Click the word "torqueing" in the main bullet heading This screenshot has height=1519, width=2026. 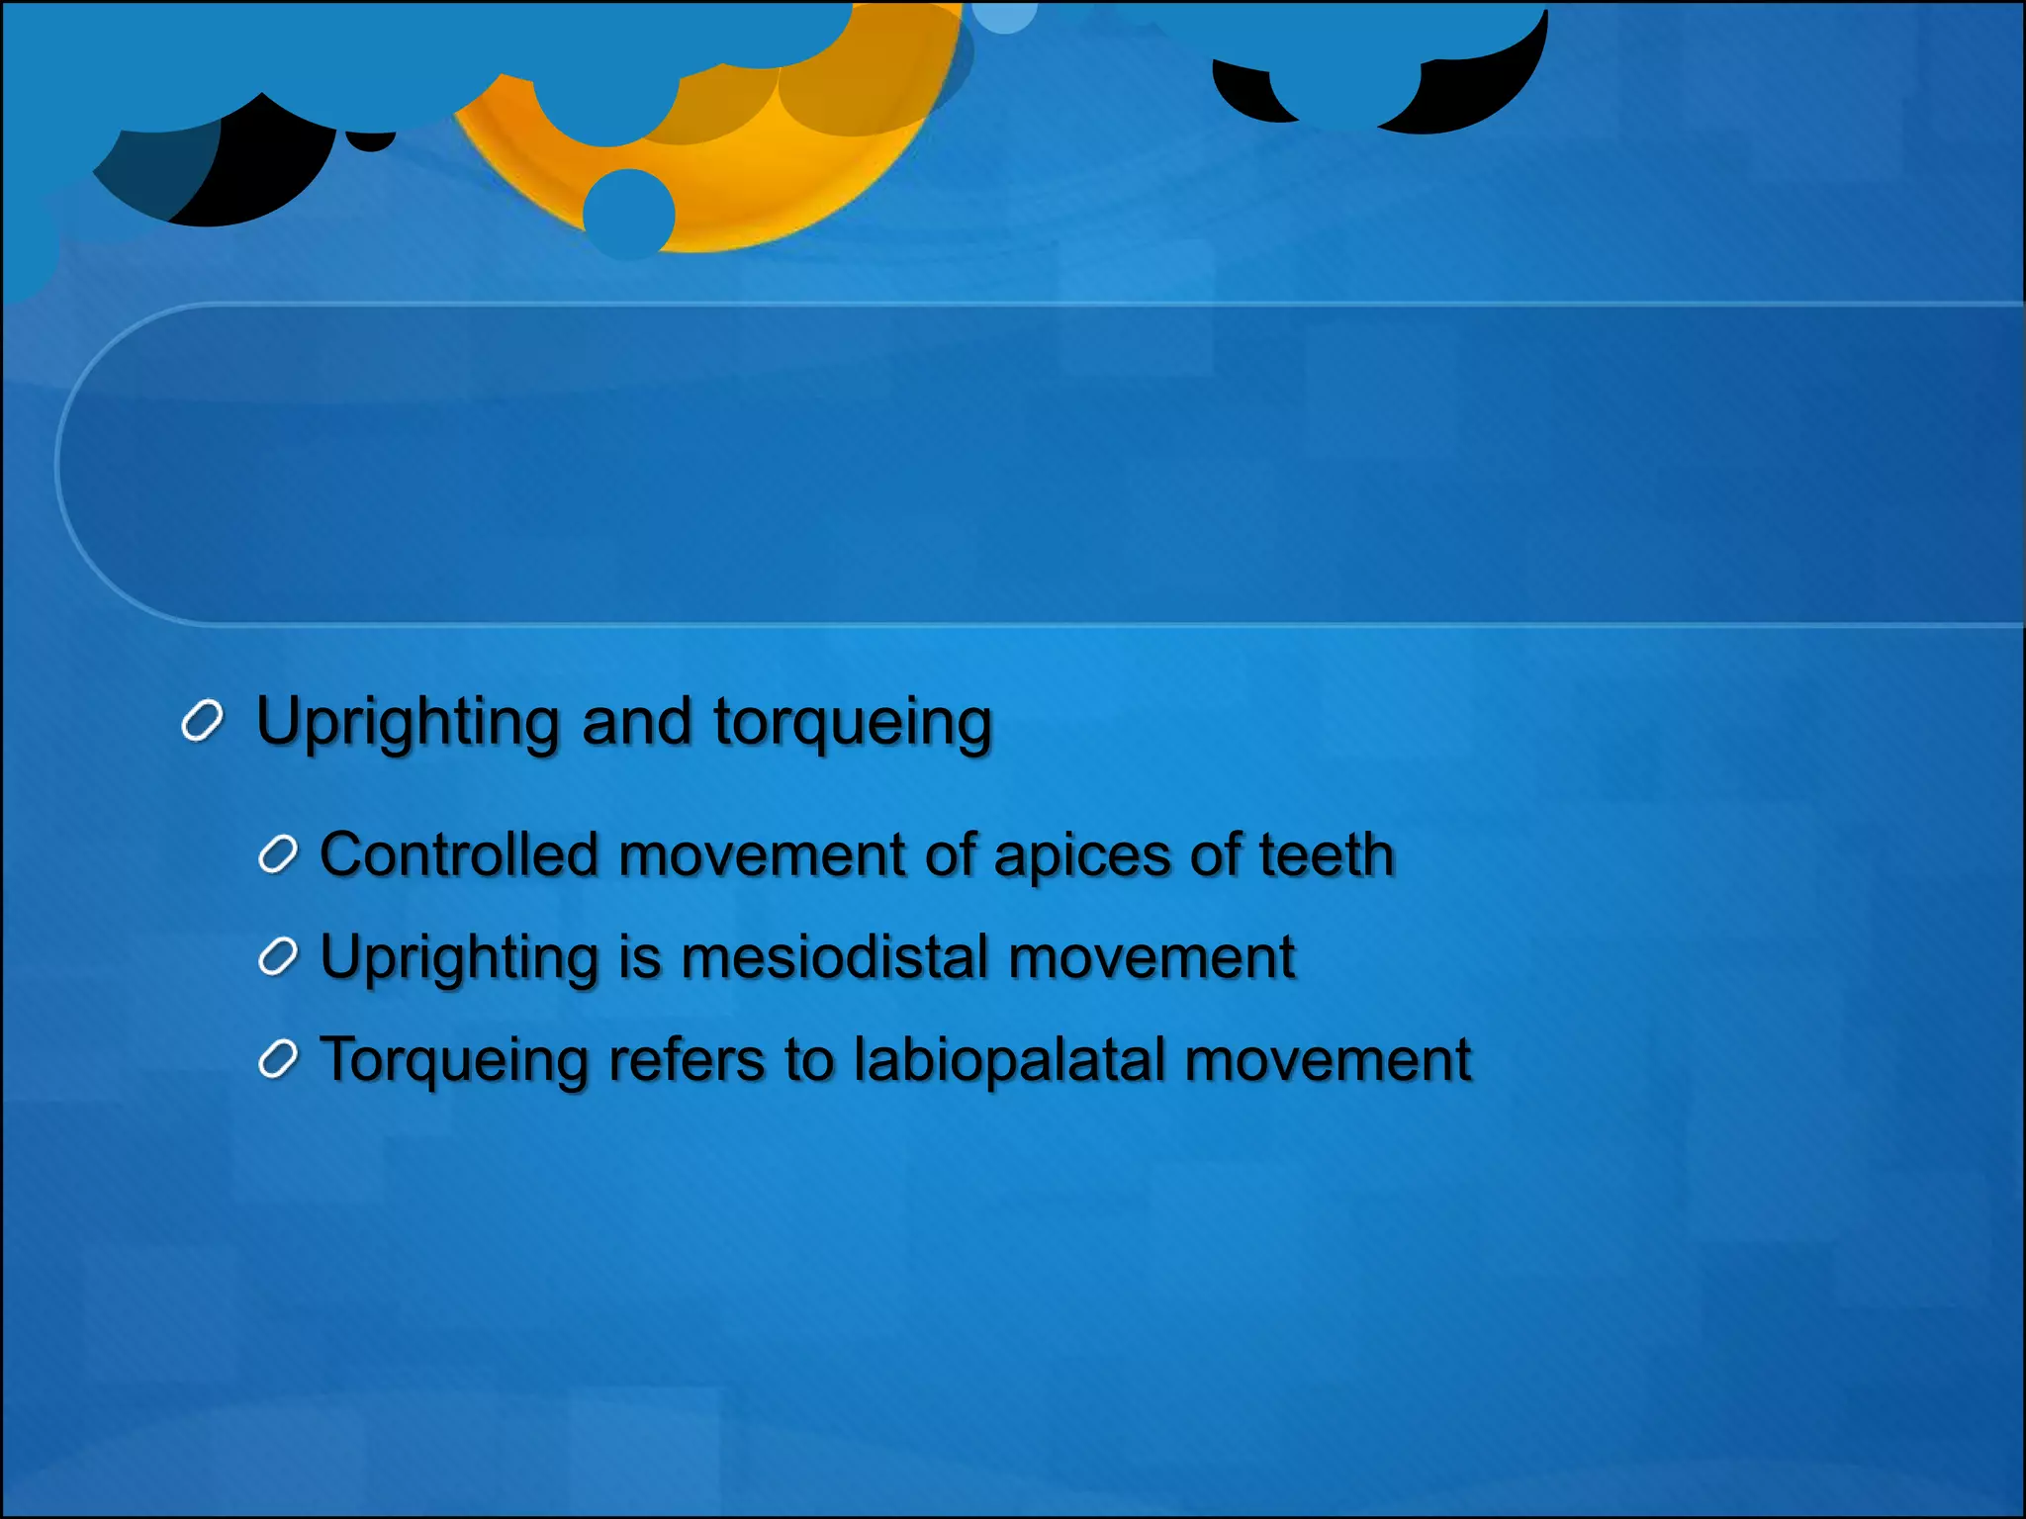[x=852, y=723]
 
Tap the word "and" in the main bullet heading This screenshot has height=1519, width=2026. [x=636, y=721]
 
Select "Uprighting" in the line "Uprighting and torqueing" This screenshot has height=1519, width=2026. [x=408, y=723]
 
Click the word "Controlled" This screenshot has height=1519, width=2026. [x=459, y=854]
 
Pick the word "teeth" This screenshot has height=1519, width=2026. [x=1327, y=854]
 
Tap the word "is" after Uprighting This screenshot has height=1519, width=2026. [x=639, y=957]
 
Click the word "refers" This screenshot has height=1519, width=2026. [x=687, y=1060]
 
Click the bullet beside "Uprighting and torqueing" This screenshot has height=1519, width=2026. [x=202, y=722]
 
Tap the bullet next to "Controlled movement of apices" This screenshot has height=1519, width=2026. [x=278, y=855]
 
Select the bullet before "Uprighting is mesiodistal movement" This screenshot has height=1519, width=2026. [x=278, y=957]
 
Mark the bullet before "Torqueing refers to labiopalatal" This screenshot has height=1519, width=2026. [x=278, y=1060]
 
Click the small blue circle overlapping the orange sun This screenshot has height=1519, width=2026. [x=628, y=213]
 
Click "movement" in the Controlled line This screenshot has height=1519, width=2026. [x=761, y=854]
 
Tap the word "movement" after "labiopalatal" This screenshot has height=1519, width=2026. [x=1328, y=1060]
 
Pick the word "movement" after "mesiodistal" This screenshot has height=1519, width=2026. [x=1151, y=957]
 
